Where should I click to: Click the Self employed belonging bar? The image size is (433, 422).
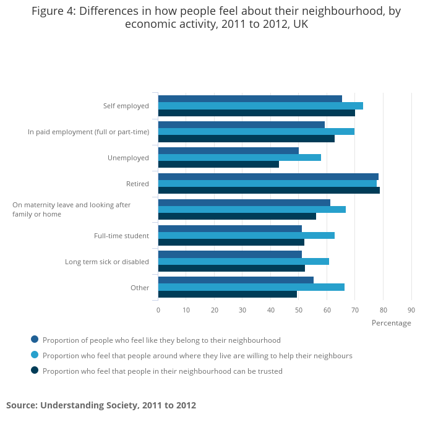(x=250, y=98)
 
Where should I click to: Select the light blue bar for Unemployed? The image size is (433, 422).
(x=239, y=157)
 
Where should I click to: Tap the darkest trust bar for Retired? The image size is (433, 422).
(x=269, y=191)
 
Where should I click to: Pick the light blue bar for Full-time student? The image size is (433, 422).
(x=246, y=235)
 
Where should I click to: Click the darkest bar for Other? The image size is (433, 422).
(x=227, y=295)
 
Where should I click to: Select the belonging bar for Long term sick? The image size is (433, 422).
(x=230, y=254)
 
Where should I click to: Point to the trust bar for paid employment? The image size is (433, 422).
(x=246, y=139)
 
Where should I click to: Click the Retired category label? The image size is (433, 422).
(x=137, y=184)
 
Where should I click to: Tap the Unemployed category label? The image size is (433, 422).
(x=128, y=158)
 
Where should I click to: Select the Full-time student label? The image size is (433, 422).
(x=121, y=236)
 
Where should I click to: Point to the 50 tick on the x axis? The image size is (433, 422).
(x=299, y=310)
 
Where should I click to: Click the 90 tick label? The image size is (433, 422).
(x=411, y=310)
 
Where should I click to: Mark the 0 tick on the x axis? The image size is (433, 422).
(x=158, y=310)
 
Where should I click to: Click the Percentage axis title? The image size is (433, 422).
(x=391, y=323)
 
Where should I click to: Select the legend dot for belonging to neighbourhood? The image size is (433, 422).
(x=35, y=340)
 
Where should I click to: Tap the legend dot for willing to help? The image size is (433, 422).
(x=35, y=355)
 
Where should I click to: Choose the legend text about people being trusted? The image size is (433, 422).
(x=163, y=371)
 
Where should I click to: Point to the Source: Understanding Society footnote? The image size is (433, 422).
(x=101, y=405)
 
